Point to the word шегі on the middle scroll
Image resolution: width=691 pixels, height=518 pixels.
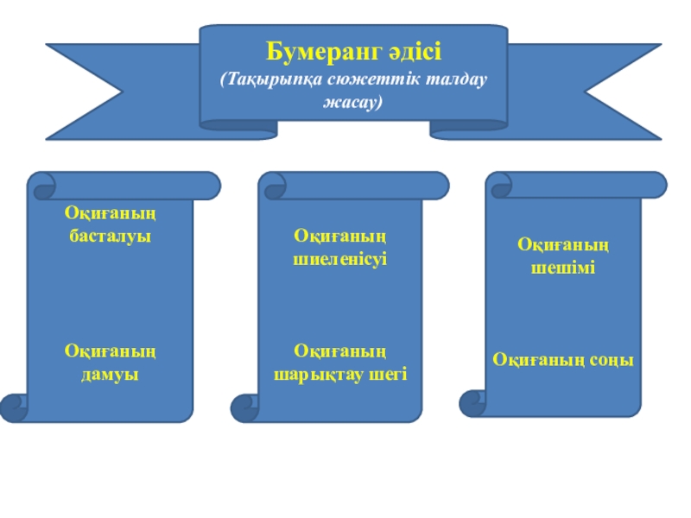386,375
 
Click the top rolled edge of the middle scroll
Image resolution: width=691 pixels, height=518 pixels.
354,185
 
